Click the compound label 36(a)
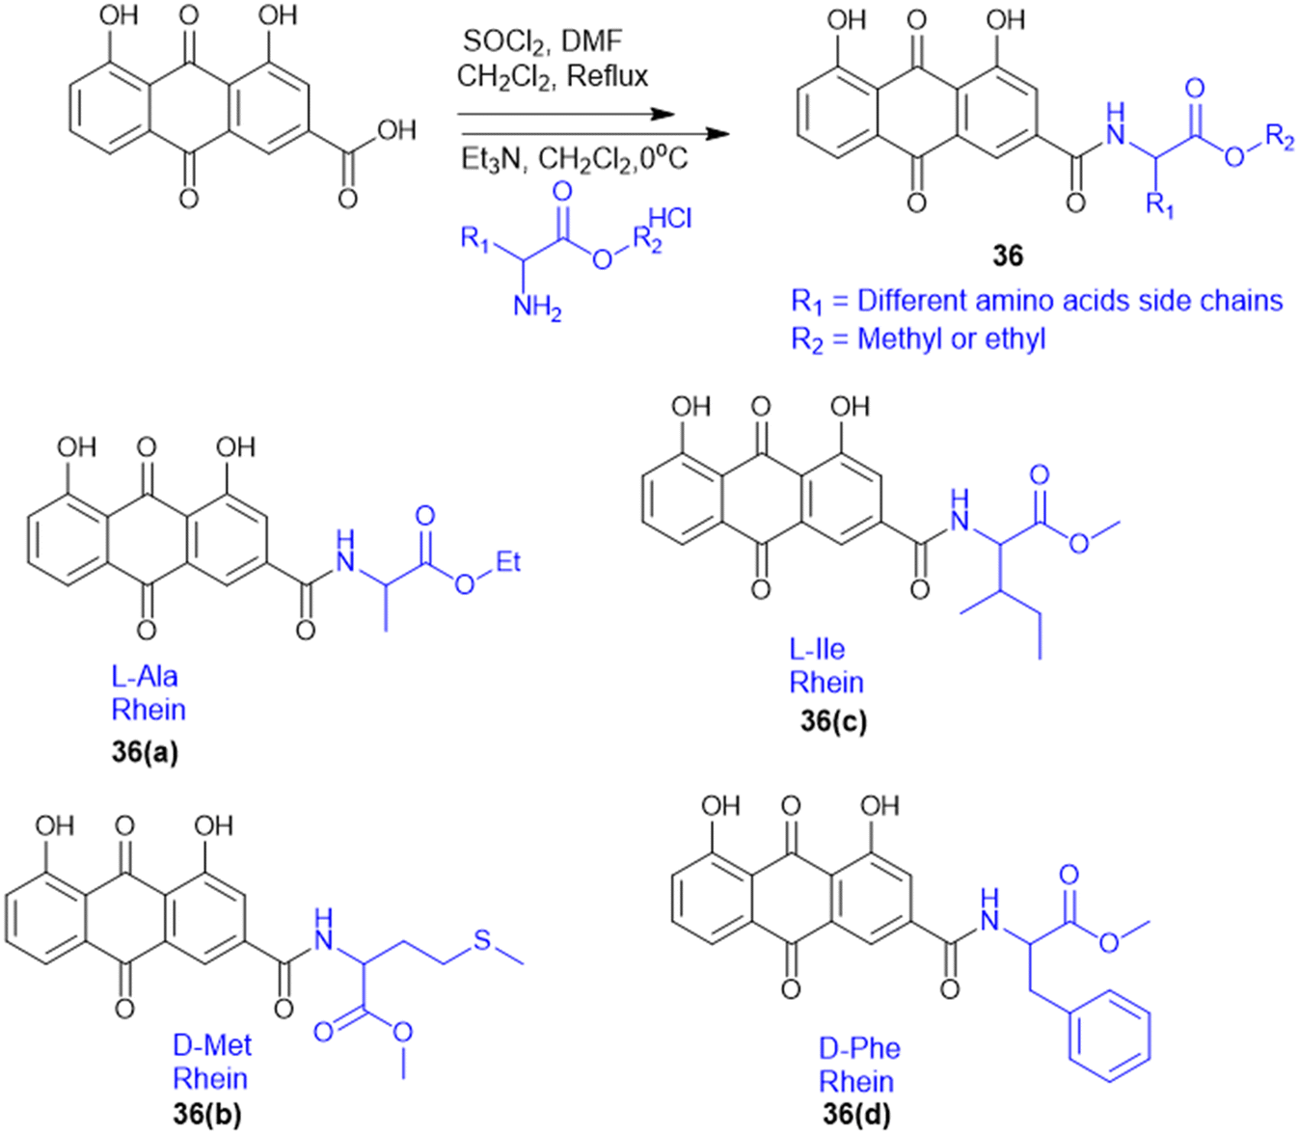[x=145, y=751]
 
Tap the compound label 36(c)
[x=832, y=720]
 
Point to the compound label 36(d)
[x=856, y=1115]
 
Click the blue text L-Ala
[x=145, y=676]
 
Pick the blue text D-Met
[x=212, y=1045]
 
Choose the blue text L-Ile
[x=817, y=649]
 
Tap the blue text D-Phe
[x=860, y=1048]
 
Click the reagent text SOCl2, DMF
[x=543, y=40]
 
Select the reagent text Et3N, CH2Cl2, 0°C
[x=574, y=157]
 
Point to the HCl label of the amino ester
[x=670, y=219]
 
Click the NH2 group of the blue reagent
[x=536, y=308]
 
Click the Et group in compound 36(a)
[x=508, y=561]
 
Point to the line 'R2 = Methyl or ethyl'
[x=917, y=339]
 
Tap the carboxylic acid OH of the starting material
[x=395, y=130]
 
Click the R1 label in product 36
[x=1159, y=204]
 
